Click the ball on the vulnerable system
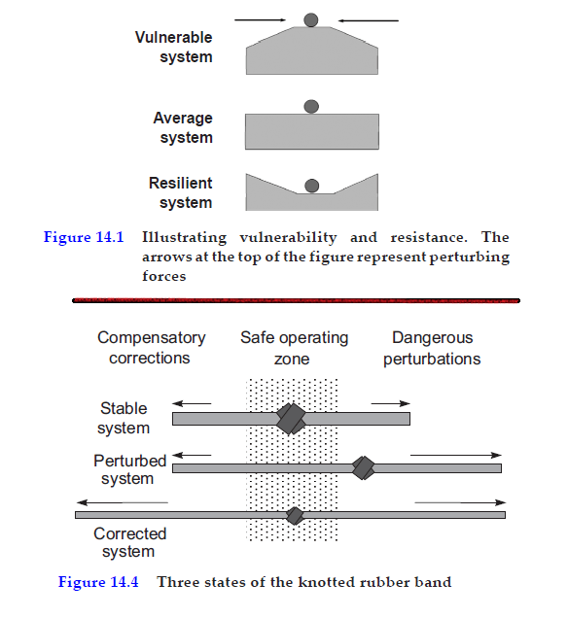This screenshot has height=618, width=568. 310,19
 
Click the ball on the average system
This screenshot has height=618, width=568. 310,106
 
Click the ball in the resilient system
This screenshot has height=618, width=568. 311,186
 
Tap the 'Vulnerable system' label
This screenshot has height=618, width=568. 173,48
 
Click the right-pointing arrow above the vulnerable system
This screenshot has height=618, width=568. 261,18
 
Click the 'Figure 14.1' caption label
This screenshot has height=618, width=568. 83,238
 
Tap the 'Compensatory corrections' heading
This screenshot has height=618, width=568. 151,348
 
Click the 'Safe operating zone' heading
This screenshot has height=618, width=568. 294,348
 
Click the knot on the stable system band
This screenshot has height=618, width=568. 291,418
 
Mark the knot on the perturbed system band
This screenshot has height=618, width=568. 363,467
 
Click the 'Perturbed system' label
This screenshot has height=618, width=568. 129,469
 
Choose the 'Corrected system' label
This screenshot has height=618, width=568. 129,542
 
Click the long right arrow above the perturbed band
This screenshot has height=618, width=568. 455,454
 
